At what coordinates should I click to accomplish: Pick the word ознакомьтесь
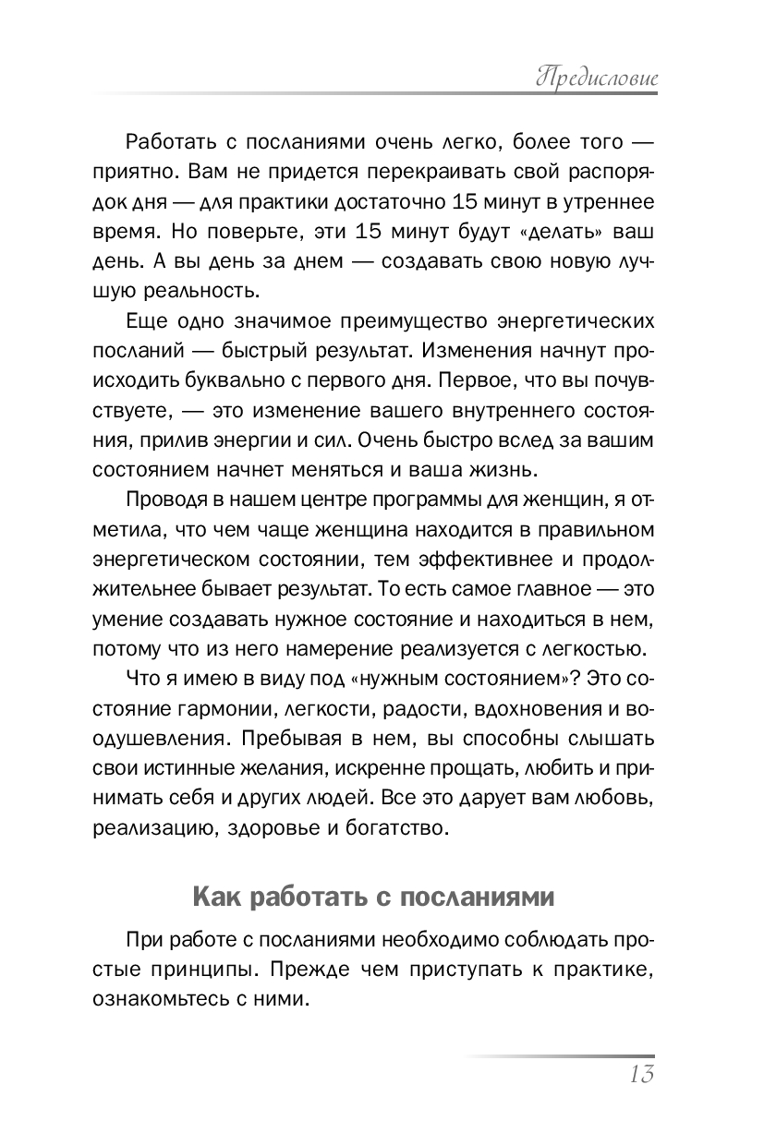[169, 1000]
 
